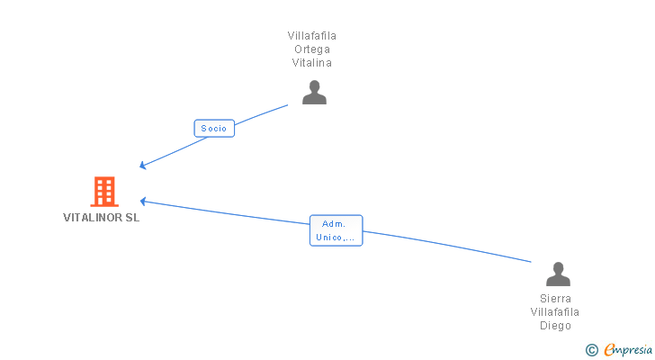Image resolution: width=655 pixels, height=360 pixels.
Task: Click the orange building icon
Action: point(104,191)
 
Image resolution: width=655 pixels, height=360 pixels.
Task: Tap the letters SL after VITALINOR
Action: point(132,217)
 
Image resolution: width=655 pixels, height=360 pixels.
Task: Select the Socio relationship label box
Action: point(214,129)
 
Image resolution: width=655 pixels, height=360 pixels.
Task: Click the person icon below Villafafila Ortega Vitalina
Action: point(314,92)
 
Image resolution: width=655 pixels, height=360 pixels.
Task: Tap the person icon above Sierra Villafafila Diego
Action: point(558,274)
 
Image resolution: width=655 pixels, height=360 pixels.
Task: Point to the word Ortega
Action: point(312,49)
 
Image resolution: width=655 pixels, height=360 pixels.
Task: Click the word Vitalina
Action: point(312,63)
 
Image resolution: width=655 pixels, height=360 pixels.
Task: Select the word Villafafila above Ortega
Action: point(312,36)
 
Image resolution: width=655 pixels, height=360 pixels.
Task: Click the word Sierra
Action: point(556,298)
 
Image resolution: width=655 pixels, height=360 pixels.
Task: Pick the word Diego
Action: point(556,326)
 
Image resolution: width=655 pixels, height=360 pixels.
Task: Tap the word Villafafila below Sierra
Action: point(556,311)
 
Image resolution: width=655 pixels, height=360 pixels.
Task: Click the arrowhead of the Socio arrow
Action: point(143,166)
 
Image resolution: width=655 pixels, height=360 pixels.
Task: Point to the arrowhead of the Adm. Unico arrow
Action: point(143,201)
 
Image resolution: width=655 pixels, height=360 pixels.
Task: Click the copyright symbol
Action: point(592,350)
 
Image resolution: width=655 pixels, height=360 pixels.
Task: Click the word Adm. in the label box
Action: point(336,223)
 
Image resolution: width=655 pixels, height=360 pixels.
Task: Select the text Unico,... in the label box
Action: point(336,238)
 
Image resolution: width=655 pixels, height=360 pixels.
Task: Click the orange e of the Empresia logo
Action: point(609,350)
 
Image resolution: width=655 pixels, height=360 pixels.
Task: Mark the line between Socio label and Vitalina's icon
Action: point(261,113)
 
